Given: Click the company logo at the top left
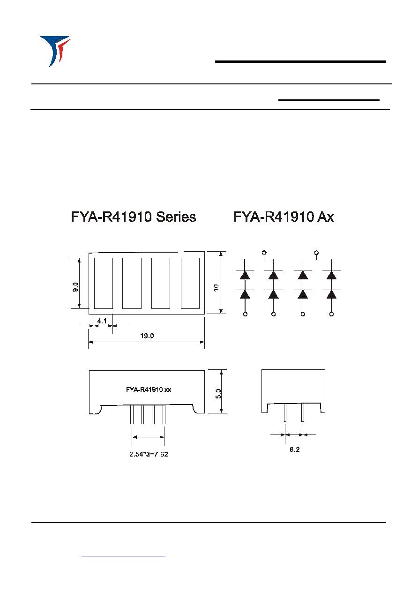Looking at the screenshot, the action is [55, 51].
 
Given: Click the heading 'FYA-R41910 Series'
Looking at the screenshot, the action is [134, 217].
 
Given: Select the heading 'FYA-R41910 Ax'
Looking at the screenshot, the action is [284, 217].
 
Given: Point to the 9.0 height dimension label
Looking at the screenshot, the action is [75, 287].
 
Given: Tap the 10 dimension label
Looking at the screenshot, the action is [216, 287].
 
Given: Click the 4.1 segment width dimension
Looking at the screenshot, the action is [102, 321].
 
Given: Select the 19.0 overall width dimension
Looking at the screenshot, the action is [147, 336].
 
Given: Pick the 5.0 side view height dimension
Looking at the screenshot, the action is [218, 394].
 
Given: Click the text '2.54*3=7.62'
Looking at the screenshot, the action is [149, 454].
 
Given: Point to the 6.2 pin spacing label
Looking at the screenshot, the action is [295, 450].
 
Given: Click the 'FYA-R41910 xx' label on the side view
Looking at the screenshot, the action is [149, 390].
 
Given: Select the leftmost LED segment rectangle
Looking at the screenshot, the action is [104, 283].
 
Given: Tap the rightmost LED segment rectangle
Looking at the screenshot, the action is [190, 283].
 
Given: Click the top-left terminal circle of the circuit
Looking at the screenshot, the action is [264, 253].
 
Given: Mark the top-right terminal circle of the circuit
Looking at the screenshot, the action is [316, 253].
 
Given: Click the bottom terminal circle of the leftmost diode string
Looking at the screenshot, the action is [245, 314].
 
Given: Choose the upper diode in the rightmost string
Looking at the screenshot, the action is [331, 275].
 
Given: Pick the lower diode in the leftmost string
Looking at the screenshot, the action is [245, 294].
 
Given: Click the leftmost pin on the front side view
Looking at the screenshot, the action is [132, 414].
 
